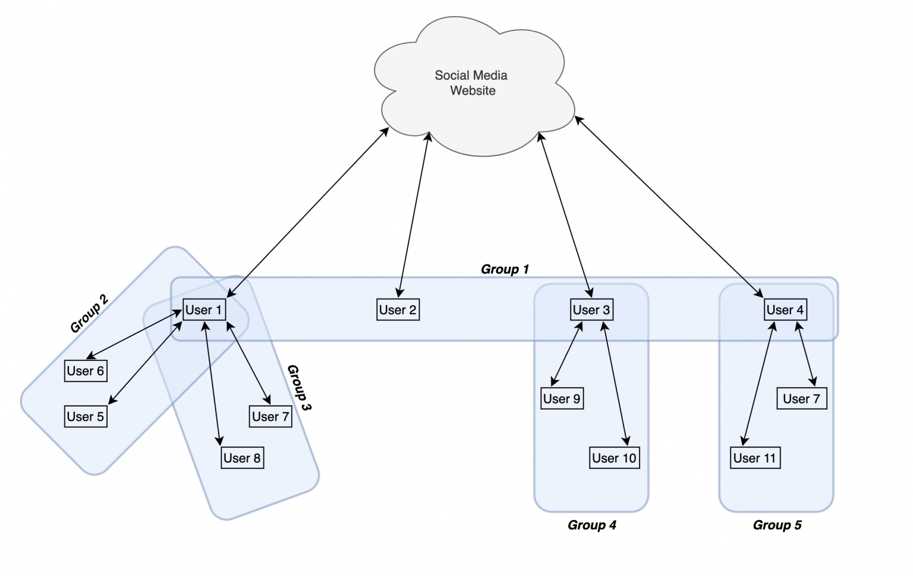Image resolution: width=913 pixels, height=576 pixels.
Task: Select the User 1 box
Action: coord(204,310)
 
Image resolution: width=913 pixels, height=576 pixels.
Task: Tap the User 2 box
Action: coord(398,310)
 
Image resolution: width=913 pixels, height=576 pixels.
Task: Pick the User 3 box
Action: coord(591,310)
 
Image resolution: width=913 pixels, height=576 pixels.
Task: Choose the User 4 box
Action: coord(785,310)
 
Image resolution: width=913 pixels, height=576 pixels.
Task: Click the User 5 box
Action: coord(86,417)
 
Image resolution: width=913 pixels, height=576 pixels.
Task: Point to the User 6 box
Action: coord(86,371)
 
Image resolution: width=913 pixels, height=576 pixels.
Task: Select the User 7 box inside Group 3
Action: coord(270,417)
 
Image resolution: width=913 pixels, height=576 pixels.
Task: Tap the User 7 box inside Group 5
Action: coord(801,398)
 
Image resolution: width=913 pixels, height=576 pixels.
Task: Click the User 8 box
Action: coord(242,458)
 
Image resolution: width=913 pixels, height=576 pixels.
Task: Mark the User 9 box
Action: coord(562,398)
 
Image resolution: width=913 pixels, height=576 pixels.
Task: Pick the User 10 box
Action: coord(614,458)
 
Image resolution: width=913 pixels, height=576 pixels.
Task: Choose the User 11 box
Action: coord(754,458)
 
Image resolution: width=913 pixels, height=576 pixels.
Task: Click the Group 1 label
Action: coord(505,269)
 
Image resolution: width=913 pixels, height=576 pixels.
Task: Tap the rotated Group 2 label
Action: coord(89,313)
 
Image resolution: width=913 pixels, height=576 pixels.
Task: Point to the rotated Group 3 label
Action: coord(299,388)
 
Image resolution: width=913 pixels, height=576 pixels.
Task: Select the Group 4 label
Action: coord(591,525)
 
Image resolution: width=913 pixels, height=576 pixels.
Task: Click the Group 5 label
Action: coord(777,525)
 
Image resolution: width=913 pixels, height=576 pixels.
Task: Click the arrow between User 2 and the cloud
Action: coord(414,214)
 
